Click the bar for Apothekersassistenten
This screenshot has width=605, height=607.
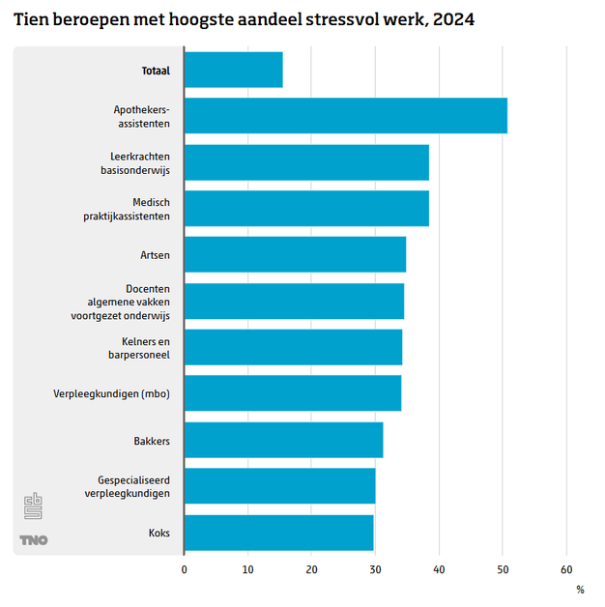345,116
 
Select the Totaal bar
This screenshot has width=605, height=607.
233,70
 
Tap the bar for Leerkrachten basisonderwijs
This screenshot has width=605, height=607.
306,162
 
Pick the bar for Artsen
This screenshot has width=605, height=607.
295,254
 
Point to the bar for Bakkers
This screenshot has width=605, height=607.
283,440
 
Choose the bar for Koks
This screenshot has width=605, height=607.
278,533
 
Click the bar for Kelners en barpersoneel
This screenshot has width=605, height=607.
293,347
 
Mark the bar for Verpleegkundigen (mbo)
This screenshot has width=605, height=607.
292,393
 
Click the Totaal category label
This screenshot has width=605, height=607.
155,70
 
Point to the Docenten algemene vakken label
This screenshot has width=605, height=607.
121,302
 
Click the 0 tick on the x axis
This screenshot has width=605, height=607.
185,569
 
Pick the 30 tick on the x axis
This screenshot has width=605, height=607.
375,569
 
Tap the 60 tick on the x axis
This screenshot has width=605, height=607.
566,569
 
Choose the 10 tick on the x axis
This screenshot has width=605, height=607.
247,569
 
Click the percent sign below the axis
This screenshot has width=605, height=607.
580,589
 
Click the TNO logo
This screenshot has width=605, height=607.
34,540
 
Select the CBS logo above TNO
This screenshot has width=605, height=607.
34,506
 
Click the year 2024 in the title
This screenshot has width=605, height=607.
454,18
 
